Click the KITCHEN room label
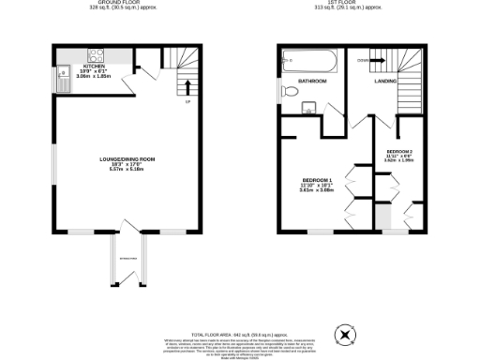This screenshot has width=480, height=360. tap(94, 67)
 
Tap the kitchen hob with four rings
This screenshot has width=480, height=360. tap(94, 54)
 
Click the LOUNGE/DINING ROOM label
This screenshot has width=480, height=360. tap(127, 159)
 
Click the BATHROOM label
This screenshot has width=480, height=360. tap(312, 82)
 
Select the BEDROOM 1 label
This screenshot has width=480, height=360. tap(315, 179)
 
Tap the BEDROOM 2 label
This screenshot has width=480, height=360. tap(400, 151)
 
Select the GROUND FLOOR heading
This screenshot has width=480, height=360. tap(127, 4)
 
